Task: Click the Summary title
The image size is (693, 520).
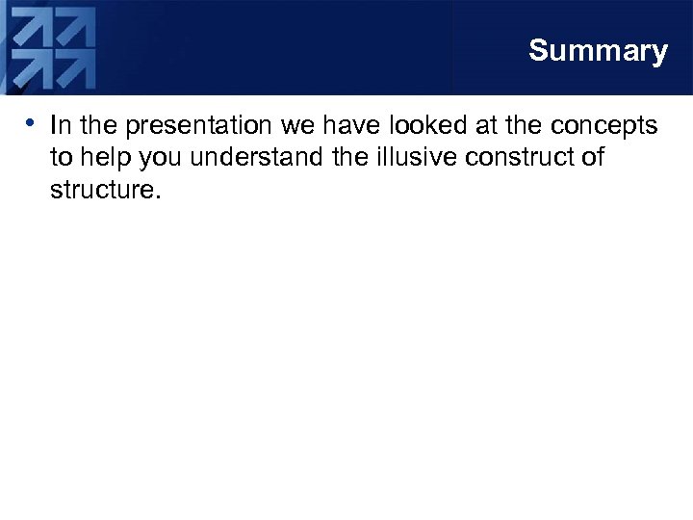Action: point(597,51)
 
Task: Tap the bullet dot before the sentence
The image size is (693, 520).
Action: point(32,122)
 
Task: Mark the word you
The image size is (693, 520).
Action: point(161,158)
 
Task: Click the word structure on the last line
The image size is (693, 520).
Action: point(101,189)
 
